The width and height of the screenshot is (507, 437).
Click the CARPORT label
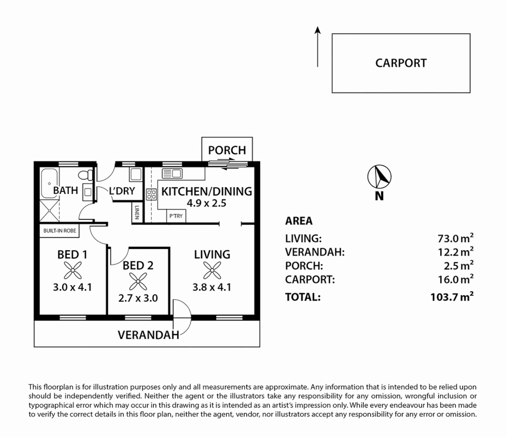(401, 63)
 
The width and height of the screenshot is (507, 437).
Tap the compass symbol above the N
(379, 177)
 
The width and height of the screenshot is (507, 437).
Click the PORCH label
(227, 150)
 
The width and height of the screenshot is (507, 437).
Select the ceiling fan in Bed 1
(73, 270)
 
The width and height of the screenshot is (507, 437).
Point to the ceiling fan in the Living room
(212, 270)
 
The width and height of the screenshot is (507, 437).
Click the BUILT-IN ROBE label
(59, 231)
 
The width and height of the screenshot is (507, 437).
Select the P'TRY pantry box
(176, 216)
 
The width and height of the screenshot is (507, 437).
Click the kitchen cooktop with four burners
(151, 194)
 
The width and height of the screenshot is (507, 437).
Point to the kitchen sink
(172, 174)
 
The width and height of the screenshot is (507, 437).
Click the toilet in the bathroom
(85, 175)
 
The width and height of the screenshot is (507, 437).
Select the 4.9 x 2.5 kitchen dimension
(206, 203)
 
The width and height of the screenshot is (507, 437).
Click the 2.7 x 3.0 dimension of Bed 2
(138, 298)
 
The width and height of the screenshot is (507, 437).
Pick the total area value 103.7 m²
(452, 297)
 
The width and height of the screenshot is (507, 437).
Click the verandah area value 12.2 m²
(455, 252)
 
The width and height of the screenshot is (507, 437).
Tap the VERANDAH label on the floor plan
(148, 335)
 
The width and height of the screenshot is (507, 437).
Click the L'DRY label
(122, 191)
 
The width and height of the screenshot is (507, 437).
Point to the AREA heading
(299, 221)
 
